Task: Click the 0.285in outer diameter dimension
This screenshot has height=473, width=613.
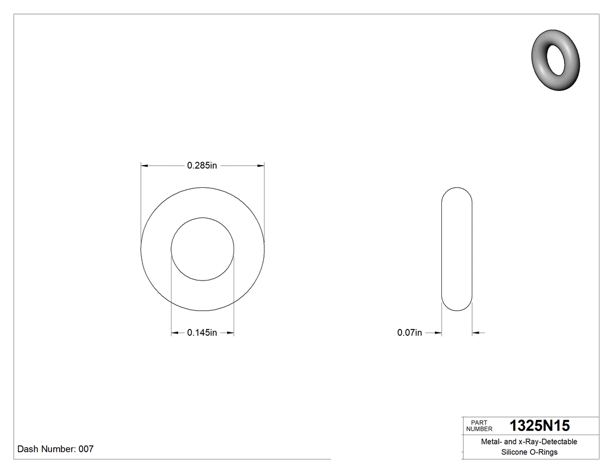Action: click(202, 166)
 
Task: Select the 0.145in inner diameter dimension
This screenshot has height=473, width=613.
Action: click(202, 333)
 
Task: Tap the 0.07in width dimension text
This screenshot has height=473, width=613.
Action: click(409, 333)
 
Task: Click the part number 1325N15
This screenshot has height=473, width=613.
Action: click(539, 426)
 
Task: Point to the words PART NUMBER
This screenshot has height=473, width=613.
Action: click(479, 426)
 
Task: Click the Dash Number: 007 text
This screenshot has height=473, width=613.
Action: click(55, 449)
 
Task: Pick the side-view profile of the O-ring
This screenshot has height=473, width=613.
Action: click(457, 249)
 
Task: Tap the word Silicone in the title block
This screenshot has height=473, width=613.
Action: click(514, 452)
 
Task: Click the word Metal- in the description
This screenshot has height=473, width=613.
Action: click(491, 442)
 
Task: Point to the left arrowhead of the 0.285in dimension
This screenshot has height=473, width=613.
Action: click(145, 166)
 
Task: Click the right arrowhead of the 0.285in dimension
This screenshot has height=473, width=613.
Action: click(260, 166)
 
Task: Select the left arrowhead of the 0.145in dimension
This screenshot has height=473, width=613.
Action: click(175, 333)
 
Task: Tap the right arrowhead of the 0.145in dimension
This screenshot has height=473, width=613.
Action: click(230, 333)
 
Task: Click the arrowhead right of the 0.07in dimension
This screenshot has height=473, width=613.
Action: click(476, 333)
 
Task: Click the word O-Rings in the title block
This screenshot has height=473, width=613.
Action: click(544, 452)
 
